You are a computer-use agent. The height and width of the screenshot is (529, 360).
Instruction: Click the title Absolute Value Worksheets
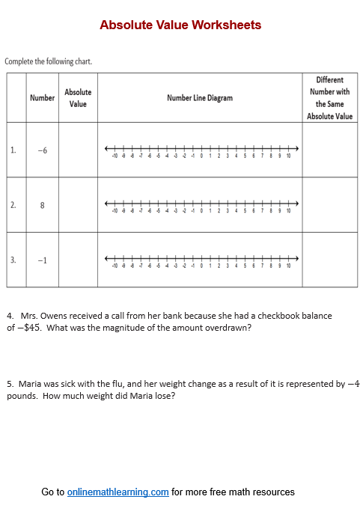180,25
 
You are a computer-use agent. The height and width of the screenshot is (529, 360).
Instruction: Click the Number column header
42,98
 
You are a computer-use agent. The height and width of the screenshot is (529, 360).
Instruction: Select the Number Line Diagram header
200,98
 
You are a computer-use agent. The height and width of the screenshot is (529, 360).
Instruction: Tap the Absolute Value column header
78,98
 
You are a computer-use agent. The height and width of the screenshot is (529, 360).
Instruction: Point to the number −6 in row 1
42,150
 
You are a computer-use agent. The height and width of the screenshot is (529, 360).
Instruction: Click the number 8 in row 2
42,205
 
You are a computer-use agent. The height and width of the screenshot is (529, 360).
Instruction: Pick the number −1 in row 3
42,260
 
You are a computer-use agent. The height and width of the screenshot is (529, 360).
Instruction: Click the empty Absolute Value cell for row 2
78,205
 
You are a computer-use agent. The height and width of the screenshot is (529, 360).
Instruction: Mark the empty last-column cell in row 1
329,150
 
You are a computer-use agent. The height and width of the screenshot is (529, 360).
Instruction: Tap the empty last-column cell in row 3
329,260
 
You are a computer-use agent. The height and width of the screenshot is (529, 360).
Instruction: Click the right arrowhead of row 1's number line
296,147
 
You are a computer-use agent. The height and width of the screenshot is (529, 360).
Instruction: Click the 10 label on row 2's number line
288,211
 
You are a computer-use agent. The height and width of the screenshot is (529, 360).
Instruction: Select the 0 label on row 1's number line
201,156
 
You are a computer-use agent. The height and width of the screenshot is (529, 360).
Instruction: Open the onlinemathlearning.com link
118,492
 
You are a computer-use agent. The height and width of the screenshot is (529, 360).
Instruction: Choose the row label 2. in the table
13,205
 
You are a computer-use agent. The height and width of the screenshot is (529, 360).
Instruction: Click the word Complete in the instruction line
19,61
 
